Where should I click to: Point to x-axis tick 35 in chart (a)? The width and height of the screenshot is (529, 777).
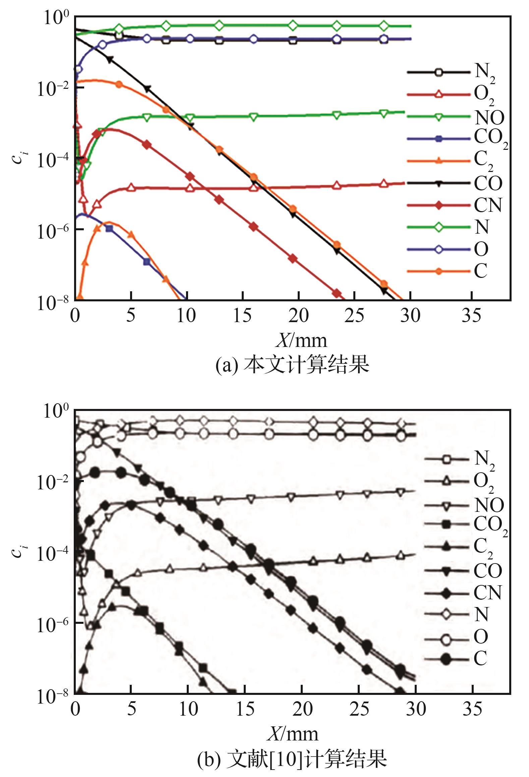(471, 315)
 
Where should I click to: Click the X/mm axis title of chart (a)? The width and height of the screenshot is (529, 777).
(301, 341)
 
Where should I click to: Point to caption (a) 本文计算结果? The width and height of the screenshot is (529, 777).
(292, 365)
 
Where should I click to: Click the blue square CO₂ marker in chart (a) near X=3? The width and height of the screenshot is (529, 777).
(109, 229)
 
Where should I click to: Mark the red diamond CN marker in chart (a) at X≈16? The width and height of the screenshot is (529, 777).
(254, 227)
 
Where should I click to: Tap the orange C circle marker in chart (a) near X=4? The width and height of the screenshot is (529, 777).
(119, 84)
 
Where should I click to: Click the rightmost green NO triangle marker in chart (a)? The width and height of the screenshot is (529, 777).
(384, 113)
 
